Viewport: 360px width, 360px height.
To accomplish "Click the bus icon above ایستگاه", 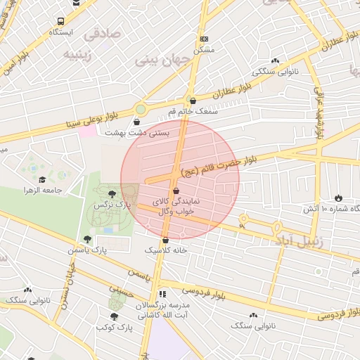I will pyautogui.click(x=61, y=21).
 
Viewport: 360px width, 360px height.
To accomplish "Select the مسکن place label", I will pyautogui.click(x=204, y=50).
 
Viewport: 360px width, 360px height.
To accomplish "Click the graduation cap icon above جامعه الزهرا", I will pyautogui.click(x=42, y=180).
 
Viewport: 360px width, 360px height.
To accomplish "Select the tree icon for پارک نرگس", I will pyautogui.click(x=112, y=193).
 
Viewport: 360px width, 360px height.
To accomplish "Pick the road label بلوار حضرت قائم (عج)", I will pyautogui.click(x=219, y=164).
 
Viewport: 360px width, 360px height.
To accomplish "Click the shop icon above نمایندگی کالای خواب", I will pyautogui.click(x=175, y=191).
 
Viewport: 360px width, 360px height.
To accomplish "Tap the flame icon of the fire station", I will pyautogui.click(x=339, y=198).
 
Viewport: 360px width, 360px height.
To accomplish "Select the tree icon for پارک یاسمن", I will pyautogui.click(x=88, y=239).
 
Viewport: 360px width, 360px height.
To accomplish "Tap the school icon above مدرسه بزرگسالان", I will pyautogui.click(x=162, y=294).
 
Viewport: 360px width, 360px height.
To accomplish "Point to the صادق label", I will pyautogui.click(x=102, y=33).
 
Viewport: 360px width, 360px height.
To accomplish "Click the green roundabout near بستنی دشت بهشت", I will pyautogui.click(x=141, y=109).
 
